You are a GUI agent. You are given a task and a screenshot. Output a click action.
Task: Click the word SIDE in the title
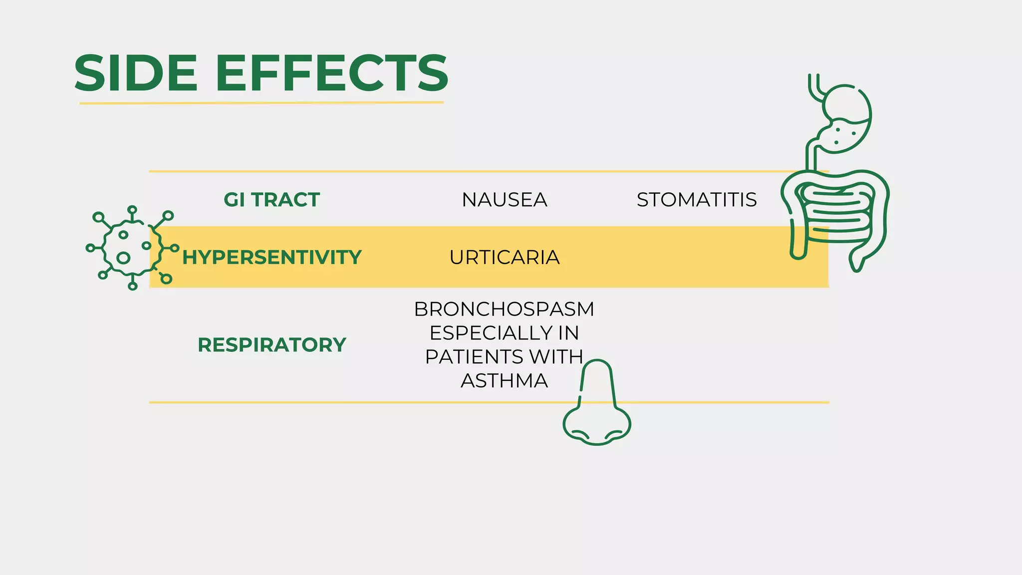click(x=136, y=73)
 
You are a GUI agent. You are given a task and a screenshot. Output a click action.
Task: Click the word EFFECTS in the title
click(x=332, y=73)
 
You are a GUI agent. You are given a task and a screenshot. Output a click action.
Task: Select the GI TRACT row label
click(x=271, y=200)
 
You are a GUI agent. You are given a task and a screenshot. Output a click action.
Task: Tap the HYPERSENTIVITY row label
click(x=271, y=257)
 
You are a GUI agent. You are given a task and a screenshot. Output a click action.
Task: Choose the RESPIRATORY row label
click(x=271, y=345)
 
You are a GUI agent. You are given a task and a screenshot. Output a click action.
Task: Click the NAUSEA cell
click(x=504, y=200)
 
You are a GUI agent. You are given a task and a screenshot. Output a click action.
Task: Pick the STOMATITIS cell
click(x=697, y=200)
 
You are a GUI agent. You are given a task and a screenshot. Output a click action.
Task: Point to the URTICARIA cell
click(x=504, y=257)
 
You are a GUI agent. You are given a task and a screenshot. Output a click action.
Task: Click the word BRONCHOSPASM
click(x=504, y=309)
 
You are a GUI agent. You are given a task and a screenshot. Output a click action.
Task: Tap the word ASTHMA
click(x=504, y=381)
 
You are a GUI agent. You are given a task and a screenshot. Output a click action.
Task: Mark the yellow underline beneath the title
click(x=261, y=103)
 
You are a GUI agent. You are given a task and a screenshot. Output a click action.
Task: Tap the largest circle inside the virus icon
click(x=123, y=258)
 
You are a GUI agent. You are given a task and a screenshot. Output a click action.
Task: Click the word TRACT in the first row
click(x=285, y=200)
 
